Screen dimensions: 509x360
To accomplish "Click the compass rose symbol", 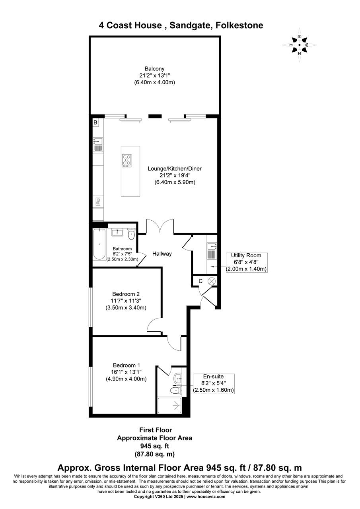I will point(300,45).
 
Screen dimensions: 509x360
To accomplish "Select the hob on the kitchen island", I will point(127,160).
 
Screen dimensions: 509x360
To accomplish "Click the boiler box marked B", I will point(95,123).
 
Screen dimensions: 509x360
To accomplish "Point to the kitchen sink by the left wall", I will point(98,145).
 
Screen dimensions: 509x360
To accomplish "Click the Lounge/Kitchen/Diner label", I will point(175,169).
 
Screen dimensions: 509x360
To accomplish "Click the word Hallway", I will point(162,254).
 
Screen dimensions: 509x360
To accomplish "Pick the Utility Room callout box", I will point(246,262).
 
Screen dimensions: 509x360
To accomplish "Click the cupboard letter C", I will point(200,281).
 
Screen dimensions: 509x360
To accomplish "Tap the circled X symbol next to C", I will point(212,281).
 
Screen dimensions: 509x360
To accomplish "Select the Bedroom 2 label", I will point(126,294).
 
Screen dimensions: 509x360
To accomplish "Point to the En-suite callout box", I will point(213,383).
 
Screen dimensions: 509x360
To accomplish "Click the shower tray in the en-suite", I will point(170,405).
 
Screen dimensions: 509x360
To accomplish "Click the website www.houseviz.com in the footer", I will point(206,497).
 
